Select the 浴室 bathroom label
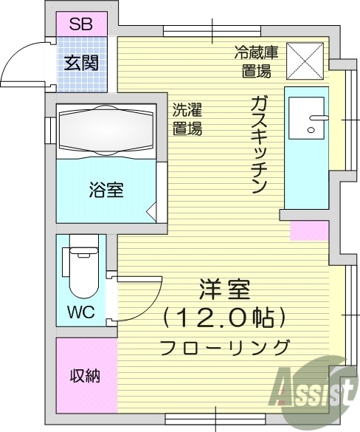coord(105,191)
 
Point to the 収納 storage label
coord(86,375)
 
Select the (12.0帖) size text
coord(224,318)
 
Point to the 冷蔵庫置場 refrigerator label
coord(255,62)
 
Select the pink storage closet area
coord(86,374)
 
